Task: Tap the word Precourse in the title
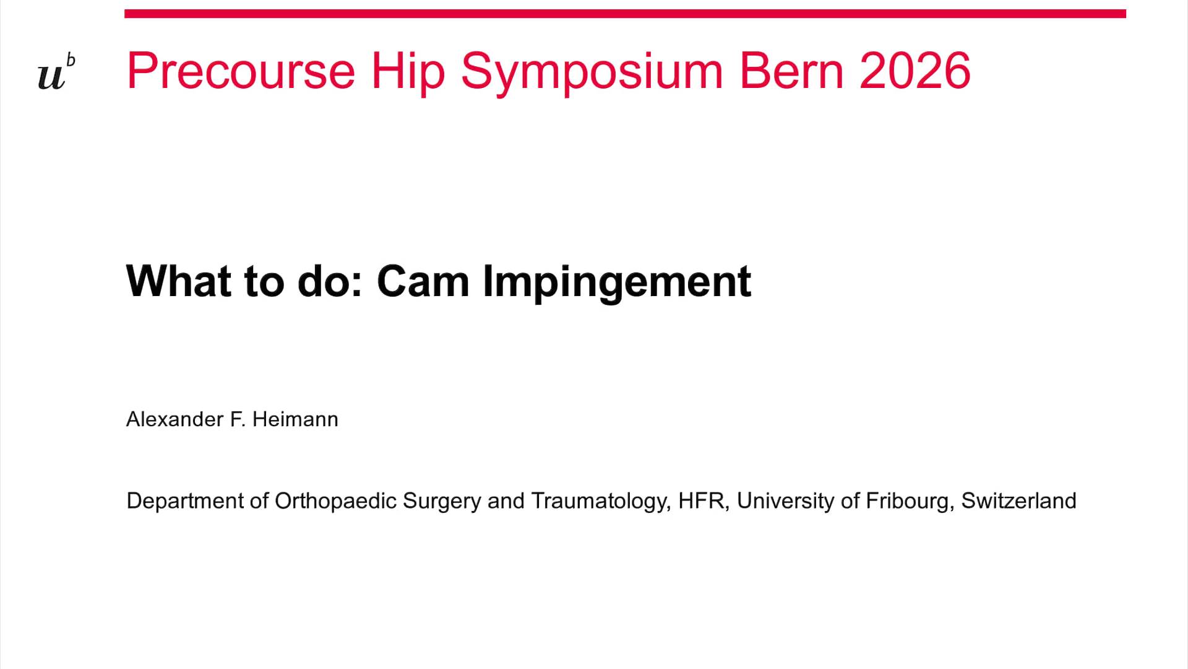coord(241,71)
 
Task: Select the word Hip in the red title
coord(408,71)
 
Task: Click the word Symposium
coord(592,71)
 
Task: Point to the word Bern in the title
coord(791,71)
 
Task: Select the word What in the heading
coord(179,282)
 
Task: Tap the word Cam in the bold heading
coord(423,282)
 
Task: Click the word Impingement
coord(617,282)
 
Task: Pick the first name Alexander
coord(174,419)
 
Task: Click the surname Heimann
coord(295,419)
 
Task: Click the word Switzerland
coord(1018,501)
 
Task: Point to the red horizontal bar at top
coord(625,14)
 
